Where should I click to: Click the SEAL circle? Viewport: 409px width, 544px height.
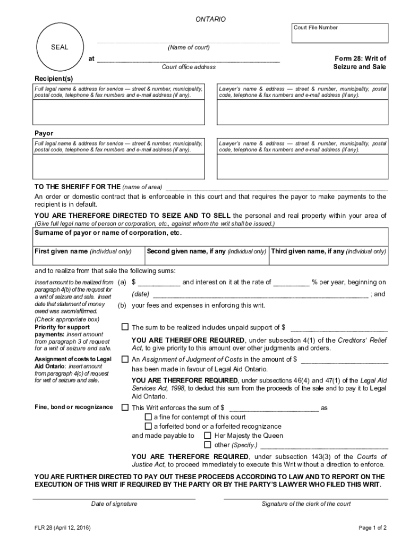pos(59,47)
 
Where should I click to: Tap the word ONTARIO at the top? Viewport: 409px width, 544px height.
pos(210,19)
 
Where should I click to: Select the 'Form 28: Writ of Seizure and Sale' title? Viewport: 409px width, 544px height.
pos(360,63)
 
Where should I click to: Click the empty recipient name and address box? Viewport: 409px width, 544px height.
pos(118,112)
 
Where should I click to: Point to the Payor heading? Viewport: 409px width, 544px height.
pos(44,133)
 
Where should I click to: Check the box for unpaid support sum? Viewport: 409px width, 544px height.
pos(125,327)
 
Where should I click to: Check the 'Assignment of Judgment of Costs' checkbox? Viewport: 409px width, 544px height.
pos(125,359)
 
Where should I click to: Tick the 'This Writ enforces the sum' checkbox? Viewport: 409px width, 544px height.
pos(125,407)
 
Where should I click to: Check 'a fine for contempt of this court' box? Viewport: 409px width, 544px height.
pos(148,417)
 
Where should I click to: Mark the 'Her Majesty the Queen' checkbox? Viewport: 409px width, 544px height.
pos(208,435)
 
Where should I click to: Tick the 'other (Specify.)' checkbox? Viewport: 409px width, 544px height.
pos(208,445)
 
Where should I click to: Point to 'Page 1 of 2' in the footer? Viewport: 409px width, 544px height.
pos(372,528)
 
